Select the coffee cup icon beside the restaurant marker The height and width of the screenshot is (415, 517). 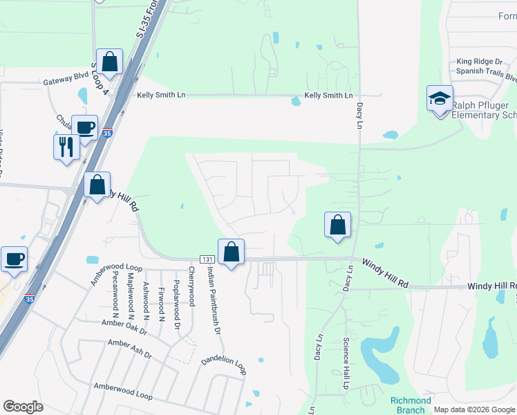point(84,127)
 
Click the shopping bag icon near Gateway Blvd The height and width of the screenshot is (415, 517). point(109,62)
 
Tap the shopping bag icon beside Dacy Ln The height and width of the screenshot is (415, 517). point(337,224)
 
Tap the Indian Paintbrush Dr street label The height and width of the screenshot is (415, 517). point(214,302)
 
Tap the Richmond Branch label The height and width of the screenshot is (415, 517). point(410,405)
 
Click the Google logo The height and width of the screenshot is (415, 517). point(23,407)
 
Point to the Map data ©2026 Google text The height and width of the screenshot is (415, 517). point(475,409)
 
